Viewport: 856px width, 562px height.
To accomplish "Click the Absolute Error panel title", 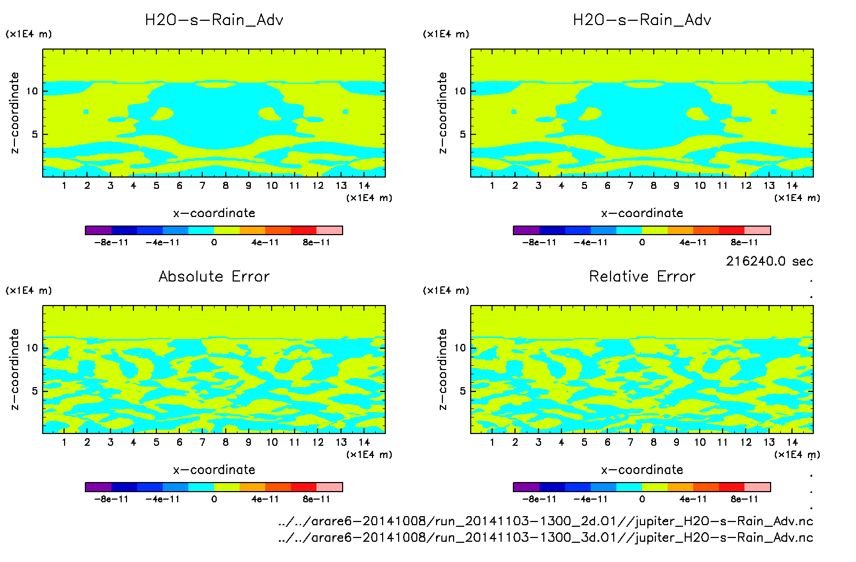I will pyautogui.click(x=214, y=276).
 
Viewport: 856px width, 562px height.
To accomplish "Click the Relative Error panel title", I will pyautogui.click(x=642, y=276).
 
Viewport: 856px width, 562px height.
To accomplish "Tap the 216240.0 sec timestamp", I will pyautogui.click(x=769, y=261).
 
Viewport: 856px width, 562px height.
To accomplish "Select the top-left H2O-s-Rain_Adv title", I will pyautogui.click(x=214, y=20).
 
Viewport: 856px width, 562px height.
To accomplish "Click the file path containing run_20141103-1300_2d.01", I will pyautogui.click(x=545, y=521).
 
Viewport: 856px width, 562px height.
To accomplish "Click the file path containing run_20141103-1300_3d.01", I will pyautogui.click(x=545, y=537).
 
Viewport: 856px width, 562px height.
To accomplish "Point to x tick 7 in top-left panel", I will pyautogui.click(x=202, y=186).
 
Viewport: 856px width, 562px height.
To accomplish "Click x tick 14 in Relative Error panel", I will pyautogui.click(x=792, y=442).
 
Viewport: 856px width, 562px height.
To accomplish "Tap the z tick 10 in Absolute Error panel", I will pyautogui.click(x=33, y=348).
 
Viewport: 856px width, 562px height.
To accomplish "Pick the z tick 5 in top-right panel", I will pyautogui.click(x=463, y=134).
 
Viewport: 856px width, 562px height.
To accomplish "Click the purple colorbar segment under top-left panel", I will pyautogui.click(x=98, y=230).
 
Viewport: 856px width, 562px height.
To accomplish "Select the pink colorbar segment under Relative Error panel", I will pyautogui.click(x=757, y=487).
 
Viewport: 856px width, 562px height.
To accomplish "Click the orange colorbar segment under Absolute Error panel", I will pyautogui.click(x=252, y=487).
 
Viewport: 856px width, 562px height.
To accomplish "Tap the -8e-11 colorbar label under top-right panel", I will pyautogui.click(x=539, y=243).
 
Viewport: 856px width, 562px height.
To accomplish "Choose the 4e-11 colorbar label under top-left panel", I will pyautogui.click(x=265, y=243).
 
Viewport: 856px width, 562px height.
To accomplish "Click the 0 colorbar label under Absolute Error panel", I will pyautogui.click(x=214, y=499).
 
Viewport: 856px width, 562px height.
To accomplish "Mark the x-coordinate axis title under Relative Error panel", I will pyautogui.click(x=642, y=470).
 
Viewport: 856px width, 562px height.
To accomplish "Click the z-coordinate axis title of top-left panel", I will pyautogui.click(x=14, y=113).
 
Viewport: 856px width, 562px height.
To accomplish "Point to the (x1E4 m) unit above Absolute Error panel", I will pyautogui.click(x=29, y=291).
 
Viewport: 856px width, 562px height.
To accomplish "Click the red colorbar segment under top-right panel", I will pyautogui.click(x=732, y=230).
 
